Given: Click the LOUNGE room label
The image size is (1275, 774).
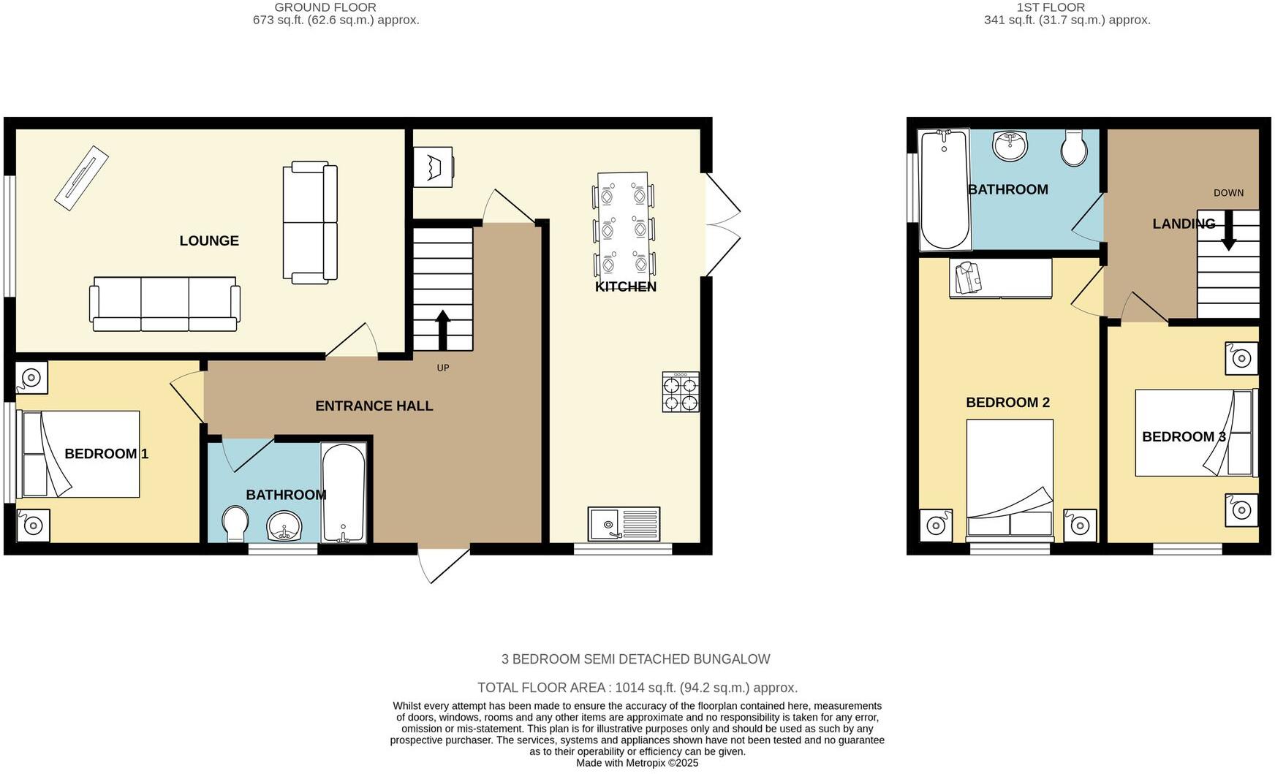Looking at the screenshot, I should pos(209,240).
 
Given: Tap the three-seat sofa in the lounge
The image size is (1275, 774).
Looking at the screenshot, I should pos(164,304).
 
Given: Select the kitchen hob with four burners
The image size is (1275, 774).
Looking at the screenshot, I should pos(681,392).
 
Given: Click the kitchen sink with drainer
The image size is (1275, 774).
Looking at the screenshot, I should pos(624,523).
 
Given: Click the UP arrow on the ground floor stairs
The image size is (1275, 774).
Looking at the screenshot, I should pos(443,331).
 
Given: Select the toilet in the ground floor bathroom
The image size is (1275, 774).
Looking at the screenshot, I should pos(235,523).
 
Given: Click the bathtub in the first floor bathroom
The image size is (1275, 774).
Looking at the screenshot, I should pos(945,189).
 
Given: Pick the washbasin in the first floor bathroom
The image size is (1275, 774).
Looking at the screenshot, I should pos(1010,145).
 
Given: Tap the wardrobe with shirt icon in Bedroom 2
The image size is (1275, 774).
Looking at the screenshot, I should pos(1000,278).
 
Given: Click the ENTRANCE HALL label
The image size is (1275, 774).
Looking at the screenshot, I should pos(374,406).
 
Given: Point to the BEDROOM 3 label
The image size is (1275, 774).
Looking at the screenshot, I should pos(1184,436).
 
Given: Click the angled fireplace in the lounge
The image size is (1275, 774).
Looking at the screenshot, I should pos(82,179).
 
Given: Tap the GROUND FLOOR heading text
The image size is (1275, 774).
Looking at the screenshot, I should pos(325,7).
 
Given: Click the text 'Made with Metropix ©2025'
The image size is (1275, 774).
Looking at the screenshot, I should pos(637,763).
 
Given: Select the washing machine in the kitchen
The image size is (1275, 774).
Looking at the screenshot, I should pos(433,167).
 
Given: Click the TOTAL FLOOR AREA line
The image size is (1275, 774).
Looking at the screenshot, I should pos(637,688).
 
